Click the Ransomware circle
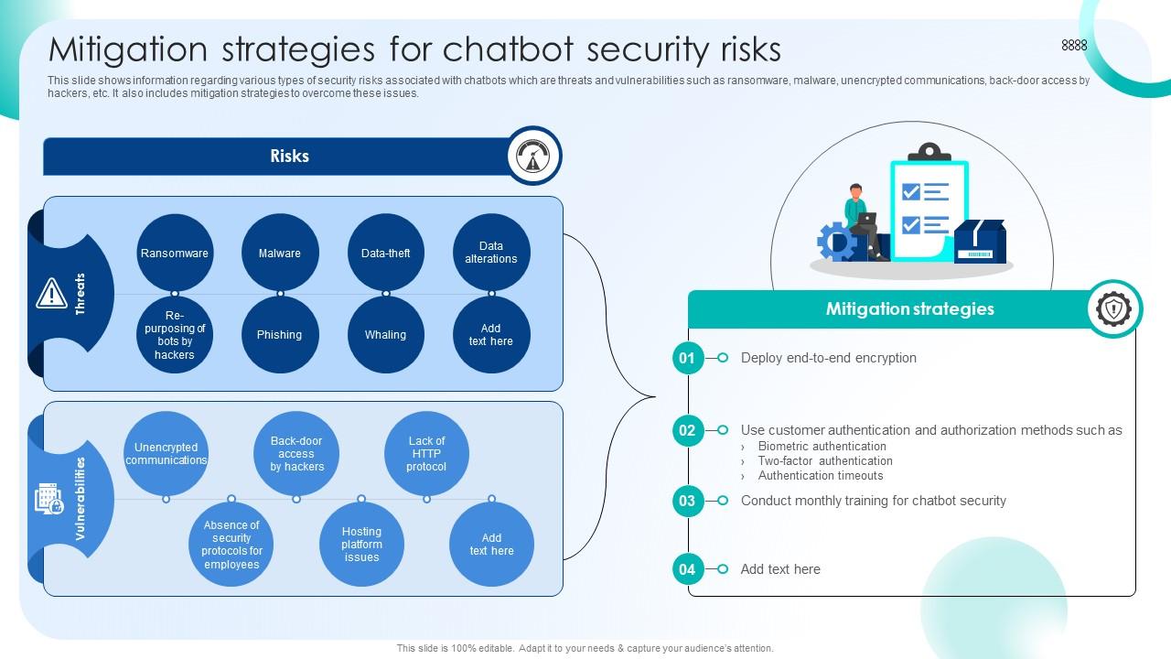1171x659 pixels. pyautogui.click(x=175, y=253)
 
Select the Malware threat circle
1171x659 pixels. pyautogui.click(x=280, y=253)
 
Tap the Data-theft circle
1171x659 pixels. pyautogui.click(x=386, y=253)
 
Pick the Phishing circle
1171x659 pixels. pyautogui.click(x=280, y=335)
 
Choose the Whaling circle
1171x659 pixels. pyautogui.click(x=386, y=335)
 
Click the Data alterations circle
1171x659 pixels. pyautogui.click(x=491, y=253)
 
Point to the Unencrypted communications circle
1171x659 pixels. pyautogui.click(x=166, y=453)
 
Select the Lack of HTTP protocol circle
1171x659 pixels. pyautogui.click(x=426, y=453)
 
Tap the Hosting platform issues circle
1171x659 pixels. pyautogui.click(x=361, y=544)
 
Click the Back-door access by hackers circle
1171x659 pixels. pyautogui.click(x=296, y=453)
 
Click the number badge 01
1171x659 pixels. pyautogui.click(x=687, y=358)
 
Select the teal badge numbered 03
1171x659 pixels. pyautogui.click(x=687, y=501)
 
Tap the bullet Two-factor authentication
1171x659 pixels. pyautogui.click(x=825, y=460)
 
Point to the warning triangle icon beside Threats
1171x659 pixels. pyautogui.click(x=51, y=294)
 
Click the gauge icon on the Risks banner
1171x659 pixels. pyautogui.click(x=533, y=156)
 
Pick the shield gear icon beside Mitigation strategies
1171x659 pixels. pyautogui.click(x=1114, y=308)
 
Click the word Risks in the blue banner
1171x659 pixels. pyautogui.click(x=290, y=156)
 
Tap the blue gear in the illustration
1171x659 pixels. pyautogui.click(x=835, y=242)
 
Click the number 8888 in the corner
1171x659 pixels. pyautogui.click(x=1074, y=46)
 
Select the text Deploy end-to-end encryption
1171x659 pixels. pyautogui.click(x=829, y=358)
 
